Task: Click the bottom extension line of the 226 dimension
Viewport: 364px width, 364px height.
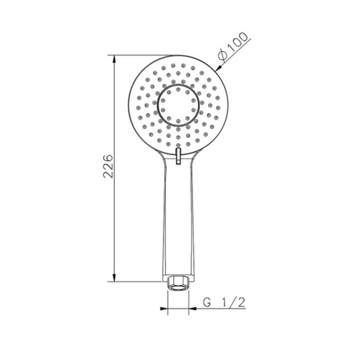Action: (135, 281)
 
